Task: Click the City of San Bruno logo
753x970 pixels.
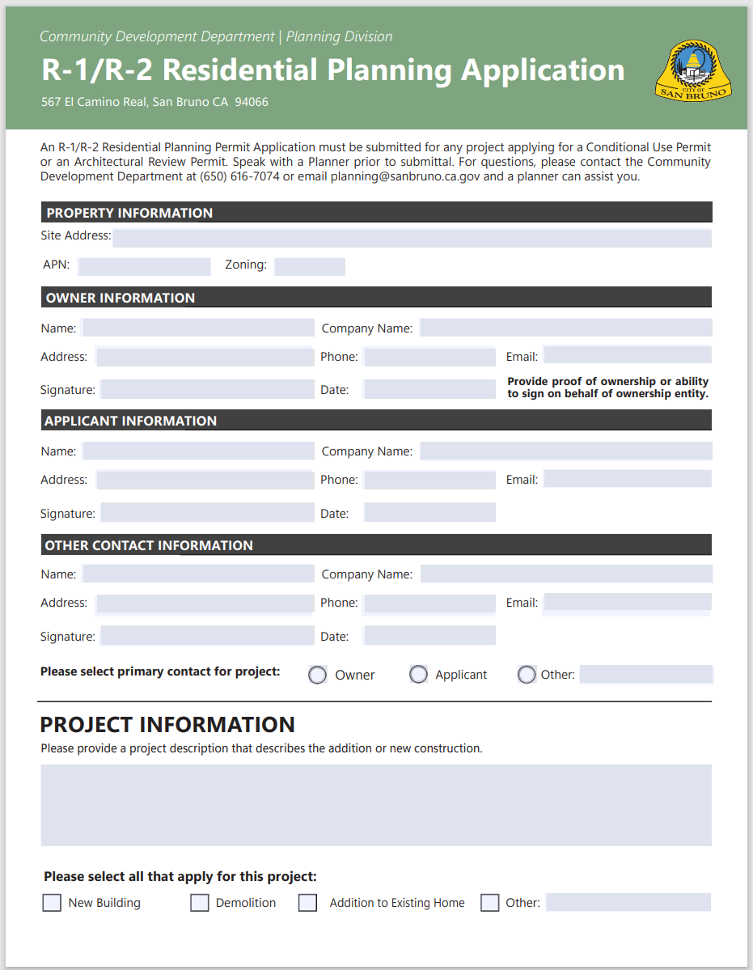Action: click(x=694, y=72)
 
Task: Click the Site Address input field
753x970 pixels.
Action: click(x=412, y=238)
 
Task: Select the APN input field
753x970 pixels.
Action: click(x=144, y=266)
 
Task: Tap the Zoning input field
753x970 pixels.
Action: click(x=309, y=266)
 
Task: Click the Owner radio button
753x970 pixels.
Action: click(x=318, y=675)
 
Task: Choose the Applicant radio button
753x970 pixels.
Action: click(x=418, y=675)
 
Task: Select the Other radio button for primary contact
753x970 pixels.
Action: click(x=527, y=675)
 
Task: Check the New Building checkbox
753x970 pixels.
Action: click(x=52, y=903)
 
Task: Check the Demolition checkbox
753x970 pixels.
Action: click(x=200, y=903)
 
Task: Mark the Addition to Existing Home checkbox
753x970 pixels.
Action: click(x=307, y=903)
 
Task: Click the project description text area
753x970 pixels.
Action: click(x=376, y=805)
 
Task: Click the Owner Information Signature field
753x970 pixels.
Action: click(x=207, y=389)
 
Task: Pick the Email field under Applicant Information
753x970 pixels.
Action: click(x=628, y=479)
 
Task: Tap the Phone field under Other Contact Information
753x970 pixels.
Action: click(x=429, y=603)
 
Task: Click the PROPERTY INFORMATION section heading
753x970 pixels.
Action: click(x=129, y=213)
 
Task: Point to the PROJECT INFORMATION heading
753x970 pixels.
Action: click(x=167, y=724)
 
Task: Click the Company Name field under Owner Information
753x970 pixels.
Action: click(x=565, y=328)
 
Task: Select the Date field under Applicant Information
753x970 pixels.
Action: click(x=429, y=513)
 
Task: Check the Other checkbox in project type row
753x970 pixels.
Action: click(x=490, y=903)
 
